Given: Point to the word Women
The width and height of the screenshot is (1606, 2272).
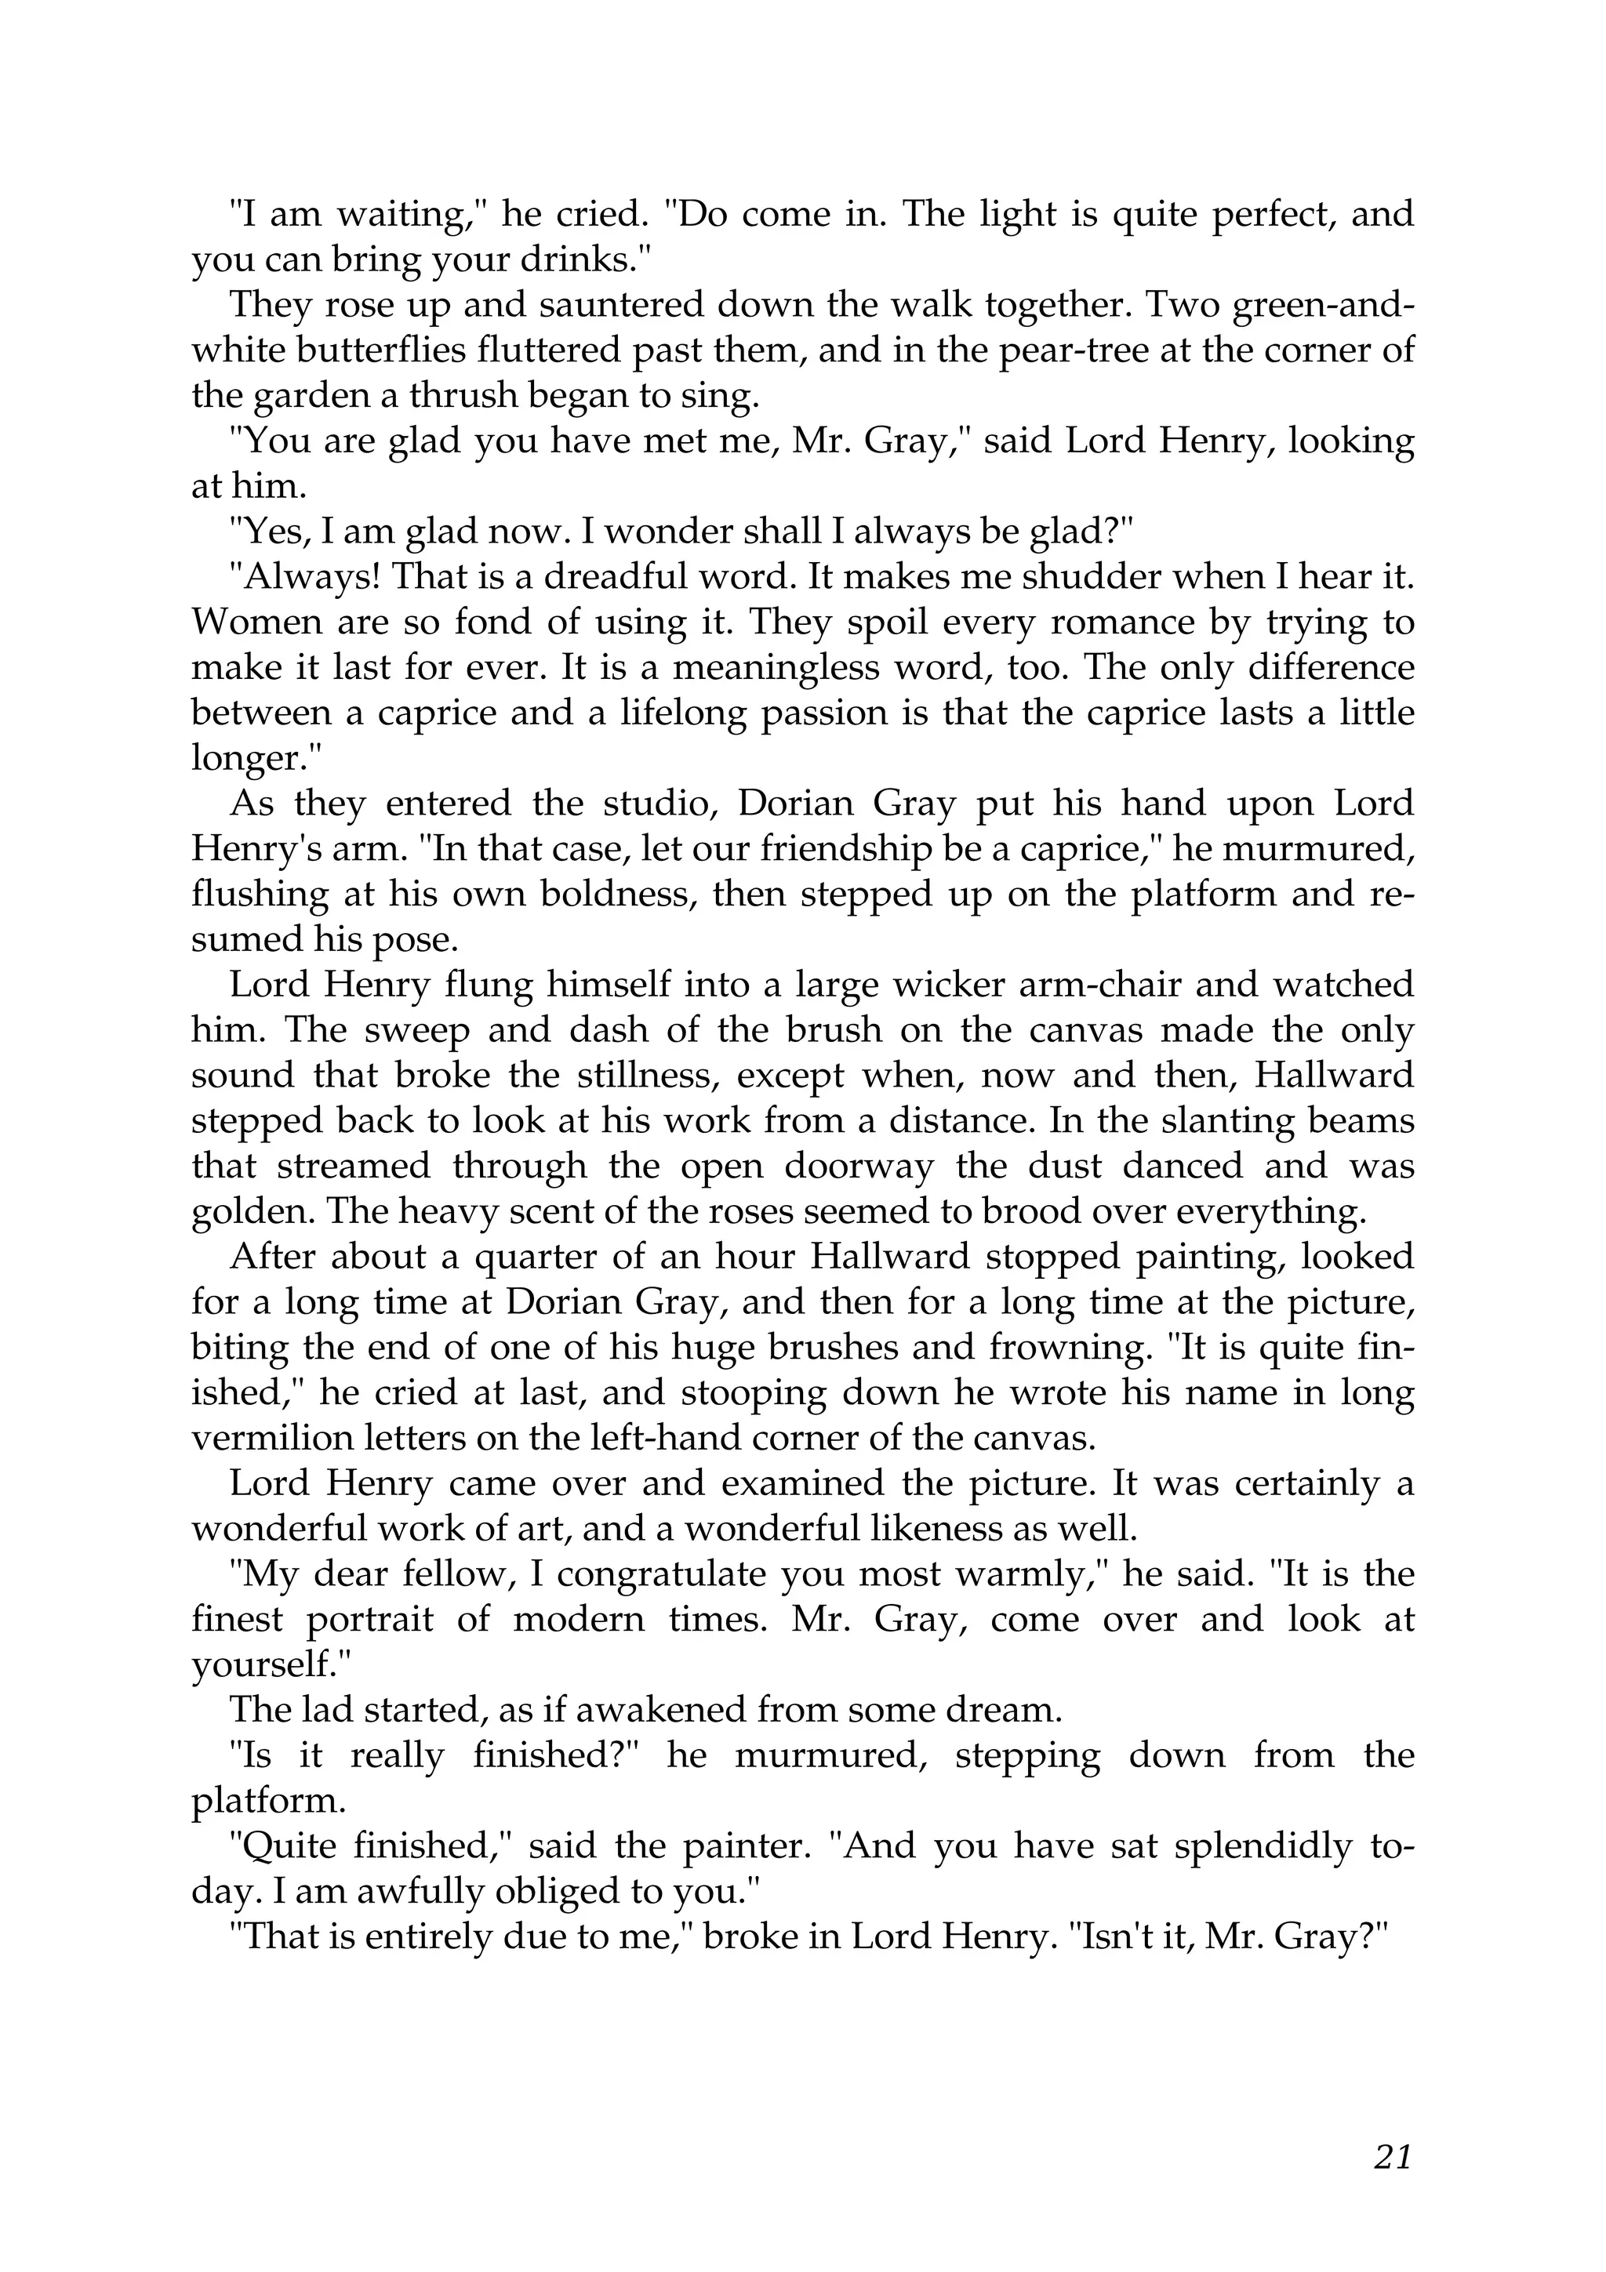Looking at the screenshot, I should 247,622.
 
